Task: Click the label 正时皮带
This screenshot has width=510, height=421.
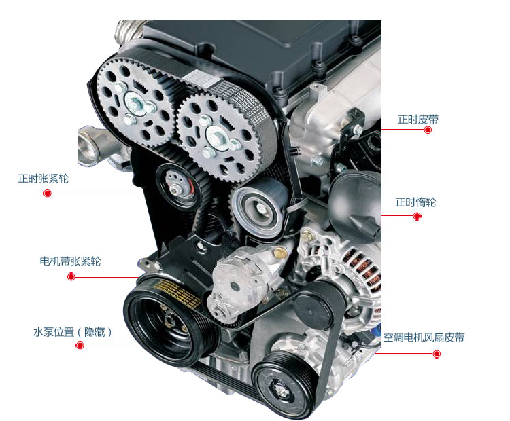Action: tap(418, 120)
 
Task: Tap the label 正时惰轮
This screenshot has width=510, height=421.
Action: tap(415, 202)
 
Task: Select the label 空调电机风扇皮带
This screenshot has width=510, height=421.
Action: tap(424, 337)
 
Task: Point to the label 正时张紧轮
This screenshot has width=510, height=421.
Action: tap(44, 179)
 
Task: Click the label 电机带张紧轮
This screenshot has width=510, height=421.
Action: tap(70, 261)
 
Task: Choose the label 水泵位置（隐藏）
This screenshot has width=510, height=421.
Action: tap(72, 332)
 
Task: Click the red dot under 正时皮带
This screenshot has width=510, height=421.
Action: tap(428, 130)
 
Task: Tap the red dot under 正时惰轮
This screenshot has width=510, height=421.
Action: tap(417, 216)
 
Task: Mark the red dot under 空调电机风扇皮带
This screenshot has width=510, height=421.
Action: tap(437, 354)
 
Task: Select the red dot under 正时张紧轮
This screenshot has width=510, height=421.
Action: tap(47, 194)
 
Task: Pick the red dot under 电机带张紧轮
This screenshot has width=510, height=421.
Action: tap(71, 277)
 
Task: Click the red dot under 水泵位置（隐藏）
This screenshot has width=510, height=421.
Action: tap(80, 346)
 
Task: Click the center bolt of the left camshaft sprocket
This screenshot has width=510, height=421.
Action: tap(135, 104)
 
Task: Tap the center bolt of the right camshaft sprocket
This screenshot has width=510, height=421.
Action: tap(216, 133)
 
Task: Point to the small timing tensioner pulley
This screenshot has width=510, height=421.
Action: tap(175, 185)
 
